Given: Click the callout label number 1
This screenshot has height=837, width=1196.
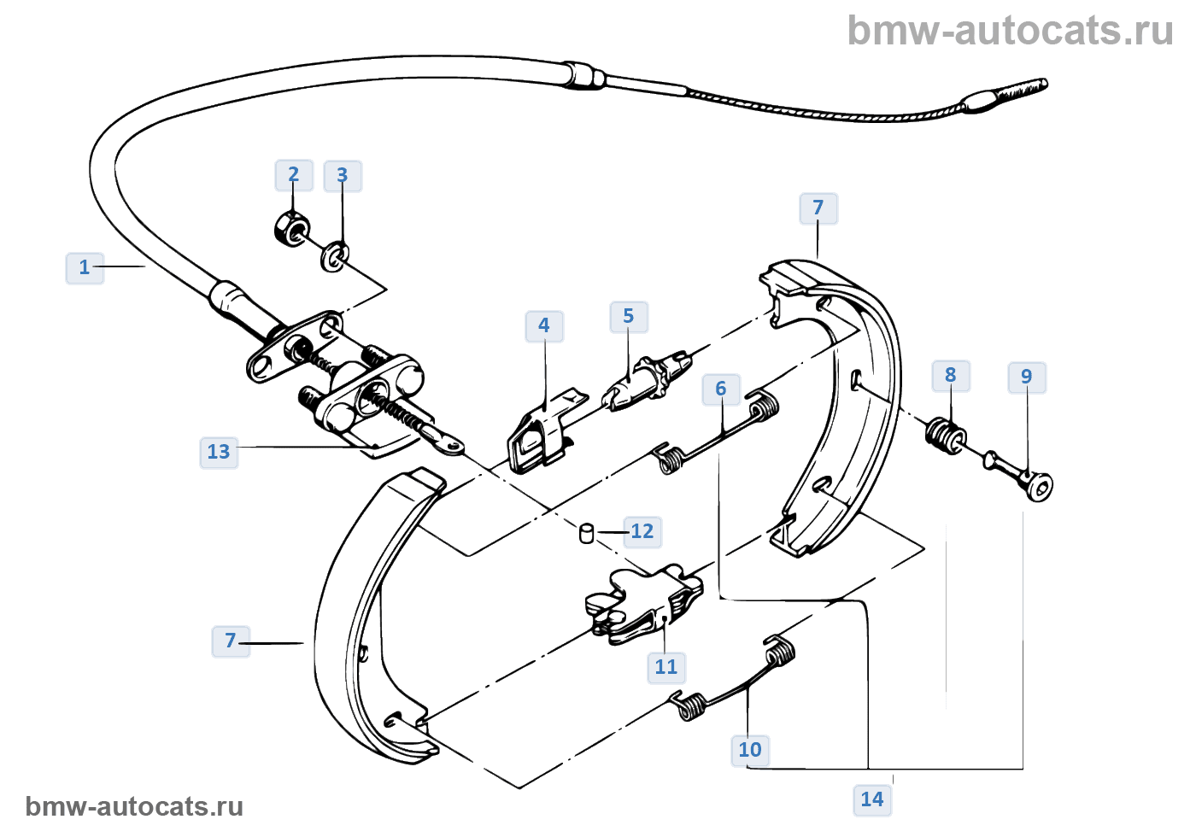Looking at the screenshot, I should [85, 267].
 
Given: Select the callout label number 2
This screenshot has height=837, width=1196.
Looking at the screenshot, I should [294, 175].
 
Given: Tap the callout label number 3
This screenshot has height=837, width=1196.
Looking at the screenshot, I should [343, 176].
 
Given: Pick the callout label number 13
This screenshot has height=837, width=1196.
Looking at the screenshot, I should [219, 452].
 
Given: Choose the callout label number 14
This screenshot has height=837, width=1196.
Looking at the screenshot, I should [872, 799].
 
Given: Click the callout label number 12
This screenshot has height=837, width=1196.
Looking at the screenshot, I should [642, 531].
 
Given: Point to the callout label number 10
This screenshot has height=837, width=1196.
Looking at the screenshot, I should [750, 750].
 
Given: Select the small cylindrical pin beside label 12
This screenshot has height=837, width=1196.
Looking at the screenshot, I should [587, 533].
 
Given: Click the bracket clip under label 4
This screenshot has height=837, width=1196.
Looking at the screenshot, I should [540, 436].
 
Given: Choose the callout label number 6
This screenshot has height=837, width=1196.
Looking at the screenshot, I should [721, 389].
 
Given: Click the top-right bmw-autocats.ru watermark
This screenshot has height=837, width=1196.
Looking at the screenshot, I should [1010, 31].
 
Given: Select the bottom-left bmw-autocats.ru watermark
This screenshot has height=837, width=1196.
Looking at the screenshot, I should [134, 806].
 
